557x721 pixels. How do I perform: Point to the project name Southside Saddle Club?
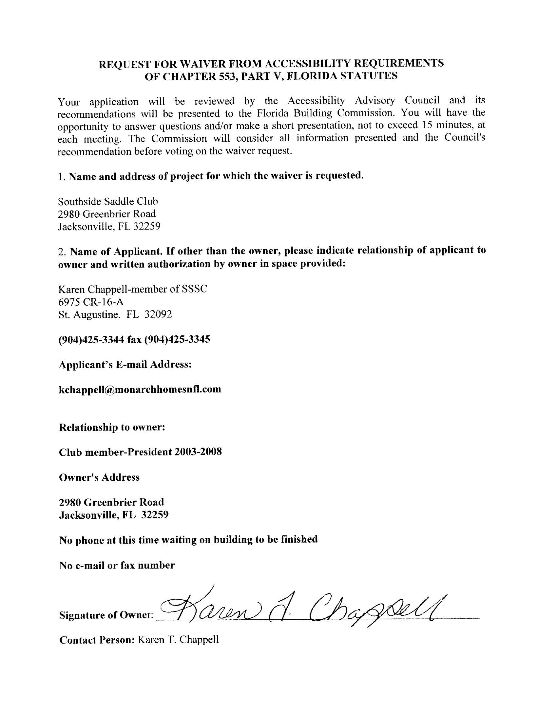coord(108,201)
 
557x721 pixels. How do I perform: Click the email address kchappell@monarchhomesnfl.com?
coord(140,389)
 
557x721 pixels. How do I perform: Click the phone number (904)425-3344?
coord(91,339)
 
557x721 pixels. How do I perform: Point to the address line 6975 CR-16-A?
coord(91,302)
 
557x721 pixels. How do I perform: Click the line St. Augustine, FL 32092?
coord(115,314)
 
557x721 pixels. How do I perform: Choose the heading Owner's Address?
coord(99,477)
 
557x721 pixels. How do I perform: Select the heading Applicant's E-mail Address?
coord(125,365)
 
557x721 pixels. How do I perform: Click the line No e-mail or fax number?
coord(117,566)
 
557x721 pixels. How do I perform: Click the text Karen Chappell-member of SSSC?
coord(133,289)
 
